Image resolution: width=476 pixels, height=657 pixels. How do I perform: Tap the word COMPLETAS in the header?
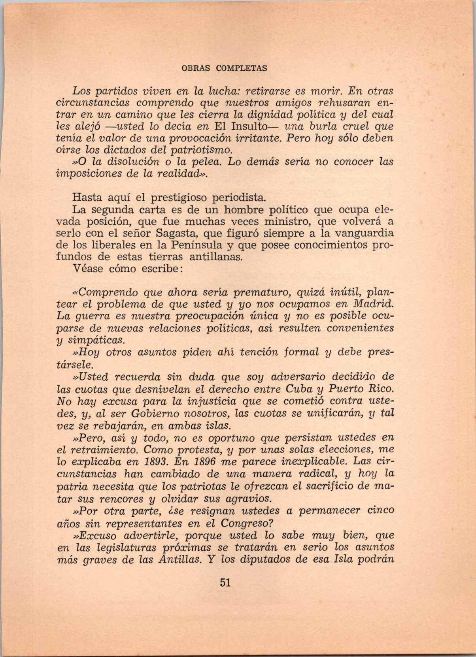tap(242, 68)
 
